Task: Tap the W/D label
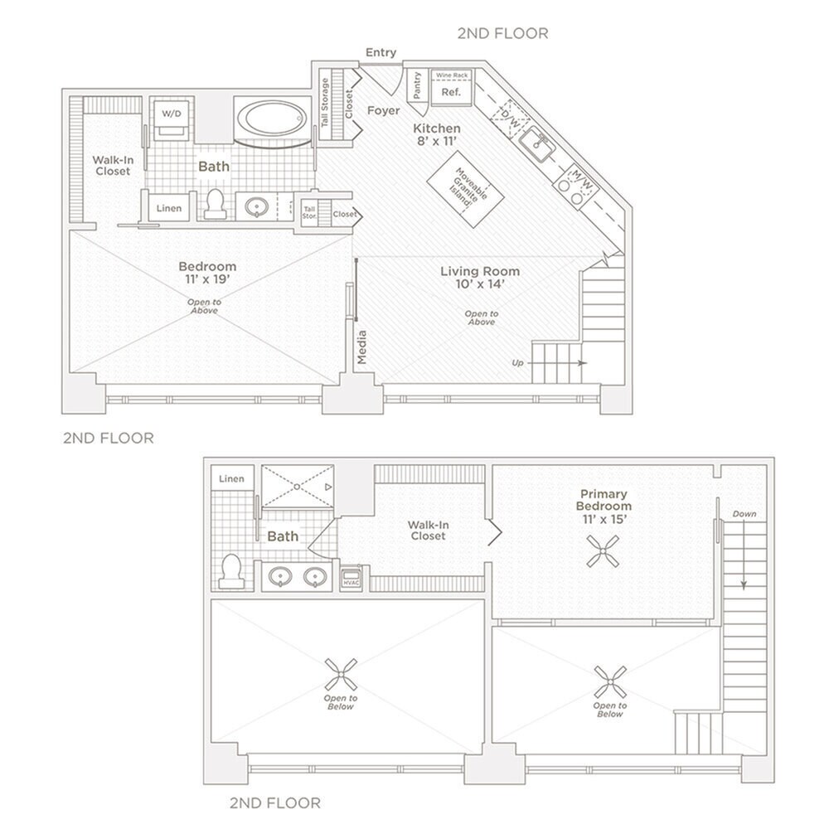click(171, 112)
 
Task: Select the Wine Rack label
click(452, 75)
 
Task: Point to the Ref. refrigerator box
click(451, 92)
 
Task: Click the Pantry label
click(417, 85)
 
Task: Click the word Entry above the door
click(381, 53)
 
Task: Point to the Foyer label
click(383, 110)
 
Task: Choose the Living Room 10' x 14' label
click(480, 278)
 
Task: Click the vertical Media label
click(361, 347)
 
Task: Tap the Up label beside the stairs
click(518, 363)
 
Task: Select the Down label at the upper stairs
click(744, 514)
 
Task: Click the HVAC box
click(351, 578)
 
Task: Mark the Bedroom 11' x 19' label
click(207, 273)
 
